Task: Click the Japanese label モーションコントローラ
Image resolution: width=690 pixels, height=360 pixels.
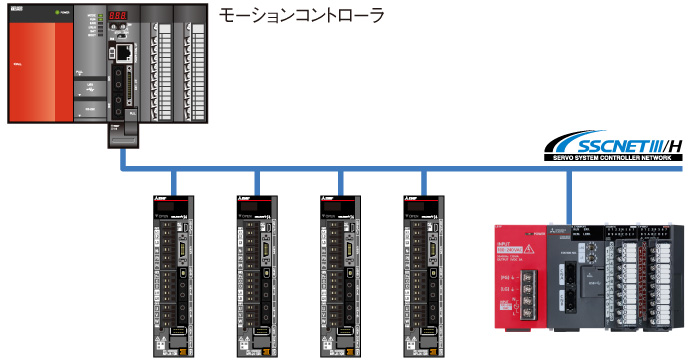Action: click(x=301, y=18)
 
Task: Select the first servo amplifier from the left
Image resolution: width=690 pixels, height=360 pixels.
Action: click(x=174, y=275)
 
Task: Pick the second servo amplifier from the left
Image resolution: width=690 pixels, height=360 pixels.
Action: click(x=257, y=275)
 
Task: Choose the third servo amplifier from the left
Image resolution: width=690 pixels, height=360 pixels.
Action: click(x=341, y=275)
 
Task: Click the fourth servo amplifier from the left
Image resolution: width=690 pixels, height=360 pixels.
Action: click(x=424, y=275)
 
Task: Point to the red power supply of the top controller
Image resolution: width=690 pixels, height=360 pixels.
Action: click(x=40, y=65)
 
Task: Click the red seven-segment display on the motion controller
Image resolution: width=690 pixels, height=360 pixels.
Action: click(x=117, y=18)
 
